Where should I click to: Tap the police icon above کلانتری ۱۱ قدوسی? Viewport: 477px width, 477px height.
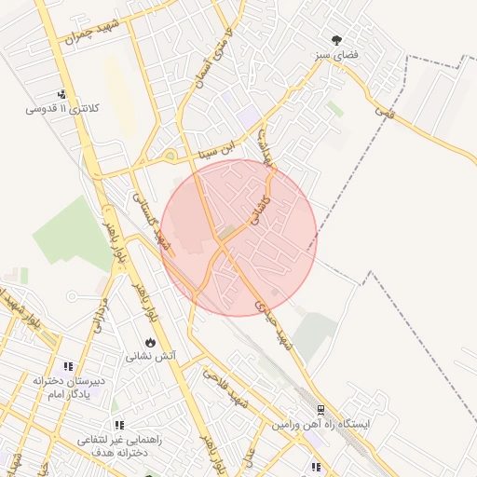(61, 94)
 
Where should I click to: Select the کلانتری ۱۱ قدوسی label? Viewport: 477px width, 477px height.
(62, 109)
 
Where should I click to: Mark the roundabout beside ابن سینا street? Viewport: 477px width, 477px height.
(170, 157)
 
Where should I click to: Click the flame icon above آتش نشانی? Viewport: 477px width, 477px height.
(152, 341)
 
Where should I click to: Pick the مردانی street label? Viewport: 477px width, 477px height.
(99, 317)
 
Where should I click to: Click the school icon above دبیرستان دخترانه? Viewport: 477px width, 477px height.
(67, 367)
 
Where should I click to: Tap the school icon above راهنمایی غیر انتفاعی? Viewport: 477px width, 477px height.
(118, 426)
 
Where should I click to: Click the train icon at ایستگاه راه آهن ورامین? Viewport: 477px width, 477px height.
(320, 408)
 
